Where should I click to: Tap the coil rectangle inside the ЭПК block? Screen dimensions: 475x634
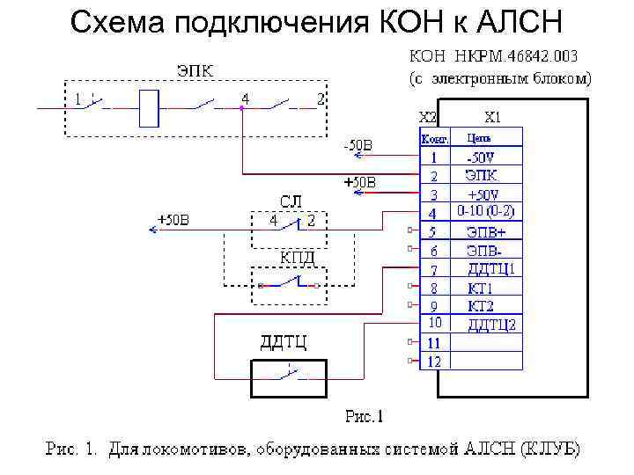151,106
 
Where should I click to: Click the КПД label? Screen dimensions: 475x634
298,257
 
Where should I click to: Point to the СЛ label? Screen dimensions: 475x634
291,201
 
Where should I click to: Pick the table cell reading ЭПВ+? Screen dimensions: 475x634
486,232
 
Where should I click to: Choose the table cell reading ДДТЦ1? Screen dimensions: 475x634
490,269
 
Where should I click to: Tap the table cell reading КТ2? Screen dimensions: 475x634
482,306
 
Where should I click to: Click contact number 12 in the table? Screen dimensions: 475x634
434,362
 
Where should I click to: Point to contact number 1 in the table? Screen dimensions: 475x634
434,157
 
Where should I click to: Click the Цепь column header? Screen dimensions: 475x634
478,138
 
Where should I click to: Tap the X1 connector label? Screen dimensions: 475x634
494,116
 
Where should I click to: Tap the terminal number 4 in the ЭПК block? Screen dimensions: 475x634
246,99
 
